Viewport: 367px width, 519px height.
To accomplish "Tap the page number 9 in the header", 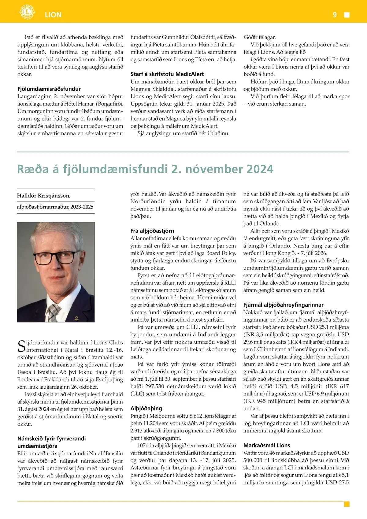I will coord(335,15).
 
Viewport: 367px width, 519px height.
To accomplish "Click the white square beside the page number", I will coord(347,15).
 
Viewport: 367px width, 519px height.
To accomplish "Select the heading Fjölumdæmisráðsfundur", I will coord(49,89).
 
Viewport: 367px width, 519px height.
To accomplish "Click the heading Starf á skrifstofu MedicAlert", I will coord(167,74).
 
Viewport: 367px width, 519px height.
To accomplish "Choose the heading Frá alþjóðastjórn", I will coord(152,231).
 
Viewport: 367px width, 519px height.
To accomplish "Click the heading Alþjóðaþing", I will coord(146,409).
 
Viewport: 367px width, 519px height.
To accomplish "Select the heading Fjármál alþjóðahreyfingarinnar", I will coord(283,305).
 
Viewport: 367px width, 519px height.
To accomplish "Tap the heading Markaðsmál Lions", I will coord(267,446).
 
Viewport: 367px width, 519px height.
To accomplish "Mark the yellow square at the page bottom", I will coord(347,504).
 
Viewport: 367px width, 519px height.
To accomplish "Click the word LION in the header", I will coord(53,15).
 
